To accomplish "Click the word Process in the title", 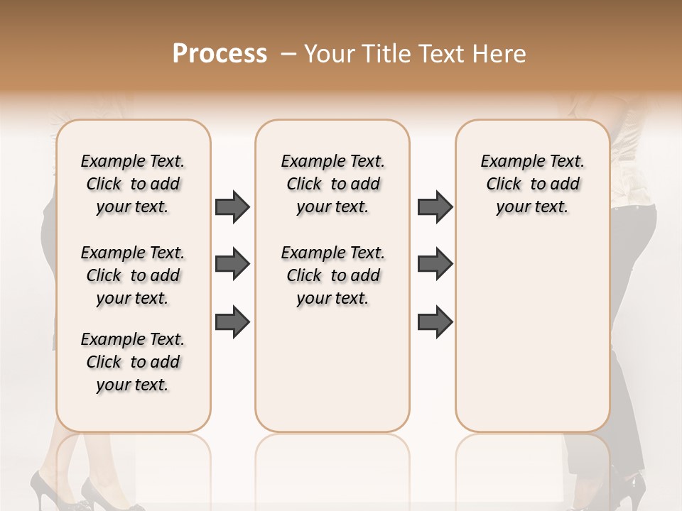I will pos(220,54).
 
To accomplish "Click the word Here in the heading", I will pos(500,54).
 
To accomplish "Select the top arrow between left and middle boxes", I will pos(232,207).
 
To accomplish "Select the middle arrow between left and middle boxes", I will pos(232,265).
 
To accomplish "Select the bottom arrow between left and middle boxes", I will pos(232,322).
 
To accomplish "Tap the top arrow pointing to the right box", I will pos(435,207).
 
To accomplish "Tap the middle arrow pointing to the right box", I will pos(435,265).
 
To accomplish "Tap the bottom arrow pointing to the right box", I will pos(435,322).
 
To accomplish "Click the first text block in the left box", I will pos(133,184).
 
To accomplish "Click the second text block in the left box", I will pos(133,275).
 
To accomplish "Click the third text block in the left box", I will pos(133,362).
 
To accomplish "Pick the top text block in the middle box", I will pos(332,184).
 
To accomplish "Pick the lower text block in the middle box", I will pos(332,275).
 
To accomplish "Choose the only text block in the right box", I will pos(532,184).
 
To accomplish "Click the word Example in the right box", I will pos(507,161).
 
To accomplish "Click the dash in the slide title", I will pos(288,55).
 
